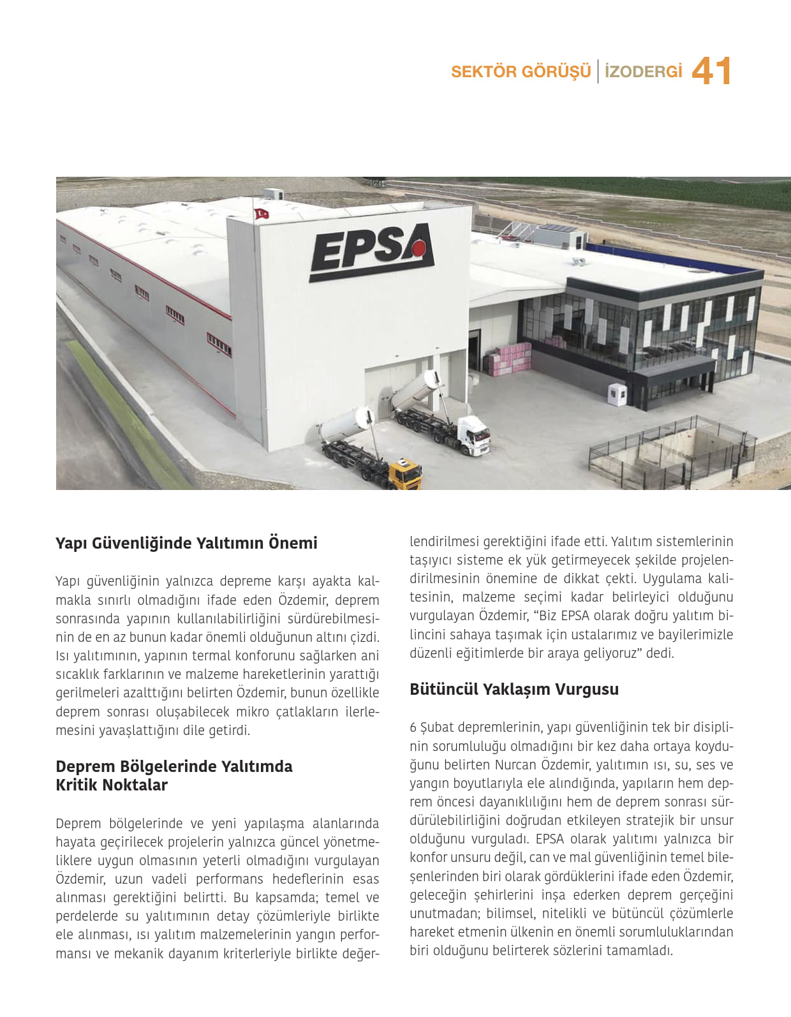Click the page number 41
(x=711, y=71)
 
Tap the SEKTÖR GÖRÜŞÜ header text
(x=521, y=71)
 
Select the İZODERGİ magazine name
(x=643, y=71)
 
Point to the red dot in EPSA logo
(x=418, y=248)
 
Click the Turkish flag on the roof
(x=261, y=214)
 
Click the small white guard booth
(x=617, y=394)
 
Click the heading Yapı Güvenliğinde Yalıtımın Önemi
(x=186, y=543)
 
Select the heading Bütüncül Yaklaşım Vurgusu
(x=514, y=689)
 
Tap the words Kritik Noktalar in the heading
(x=112, y=785)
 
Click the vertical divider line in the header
(x=598, y=71)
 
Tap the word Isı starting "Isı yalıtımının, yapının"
(x=63, y=656)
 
